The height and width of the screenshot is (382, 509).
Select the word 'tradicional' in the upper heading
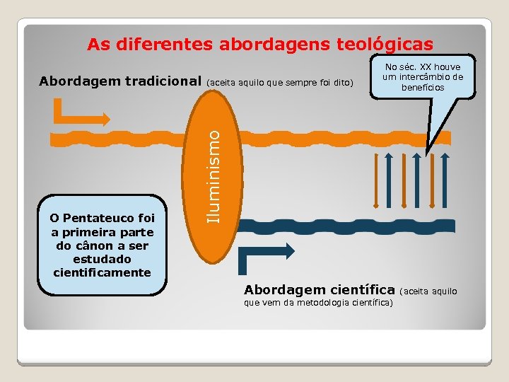(162, 81)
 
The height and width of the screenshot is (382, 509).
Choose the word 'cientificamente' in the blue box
(102, 272)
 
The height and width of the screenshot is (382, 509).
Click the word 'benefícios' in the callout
(423, 87)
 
